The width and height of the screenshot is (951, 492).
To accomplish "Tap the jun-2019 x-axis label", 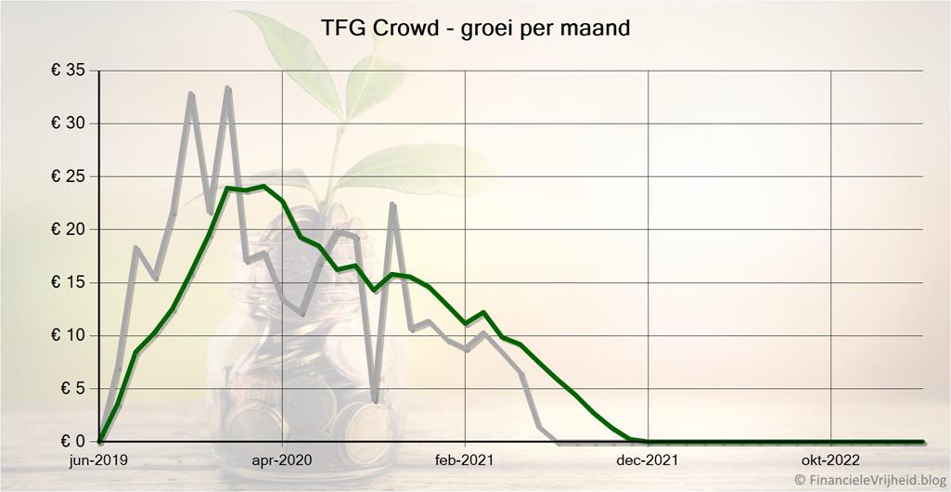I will coord(99,460).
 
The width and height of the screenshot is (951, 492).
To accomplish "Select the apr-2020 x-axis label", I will coord(282,460).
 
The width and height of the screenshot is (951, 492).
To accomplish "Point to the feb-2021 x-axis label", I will coord(465,460).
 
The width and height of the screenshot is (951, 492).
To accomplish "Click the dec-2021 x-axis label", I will coord(648,460).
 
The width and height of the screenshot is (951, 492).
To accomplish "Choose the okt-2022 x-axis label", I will coord(830,460).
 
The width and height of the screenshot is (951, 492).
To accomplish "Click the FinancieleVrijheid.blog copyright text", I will coord(868,481).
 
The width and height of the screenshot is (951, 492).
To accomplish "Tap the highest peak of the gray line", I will coord(227,88).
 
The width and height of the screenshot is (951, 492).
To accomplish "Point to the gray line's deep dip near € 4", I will coord(375,401).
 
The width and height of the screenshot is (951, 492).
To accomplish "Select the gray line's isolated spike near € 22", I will coord(392,204).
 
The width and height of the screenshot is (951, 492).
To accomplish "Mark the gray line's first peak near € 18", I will coord(136,248).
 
